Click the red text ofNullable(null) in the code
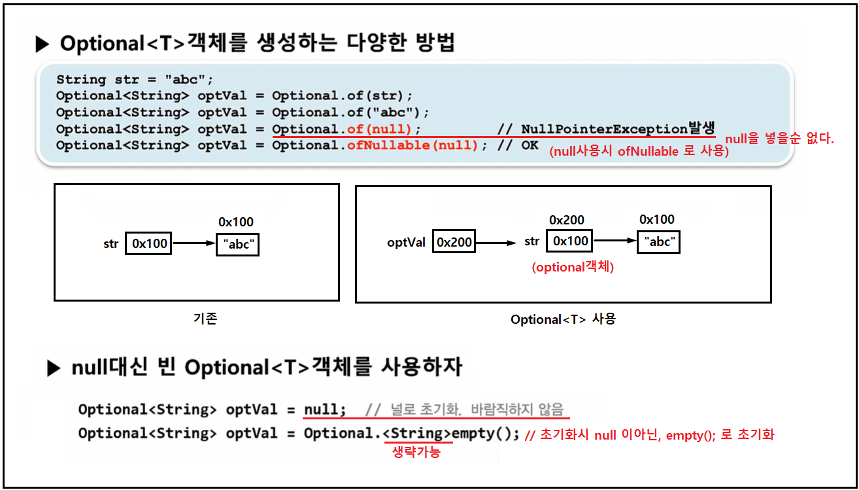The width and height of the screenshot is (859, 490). [413, 145]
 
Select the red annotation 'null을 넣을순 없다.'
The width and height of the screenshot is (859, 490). [780, 139]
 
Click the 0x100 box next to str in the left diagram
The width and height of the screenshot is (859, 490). [150, 244]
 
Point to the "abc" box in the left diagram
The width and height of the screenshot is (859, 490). [237, 245]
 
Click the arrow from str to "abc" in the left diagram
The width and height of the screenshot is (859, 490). [194, 244]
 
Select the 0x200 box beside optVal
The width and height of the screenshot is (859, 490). [454, 242]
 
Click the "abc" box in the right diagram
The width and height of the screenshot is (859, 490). [659, 241]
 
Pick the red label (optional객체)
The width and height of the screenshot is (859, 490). [572, 267]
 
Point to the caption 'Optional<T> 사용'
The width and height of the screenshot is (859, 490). [563, 319]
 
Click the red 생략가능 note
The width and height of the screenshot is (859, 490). [416, 452]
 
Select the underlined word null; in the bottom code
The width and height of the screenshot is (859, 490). [325, 410]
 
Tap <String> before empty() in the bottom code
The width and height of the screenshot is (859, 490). [417, 433]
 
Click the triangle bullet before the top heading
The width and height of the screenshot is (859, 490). [42, 44]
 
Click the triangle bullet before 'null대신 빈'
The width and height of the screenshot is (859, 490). [54, 369]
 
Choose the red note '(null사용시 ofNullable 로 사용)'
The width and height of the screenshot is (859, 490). [639, 152]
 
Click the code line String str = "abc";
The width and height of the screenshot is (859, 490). [135, 80]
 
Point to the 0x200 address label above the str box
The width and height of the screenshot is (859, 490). [567, 220]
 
